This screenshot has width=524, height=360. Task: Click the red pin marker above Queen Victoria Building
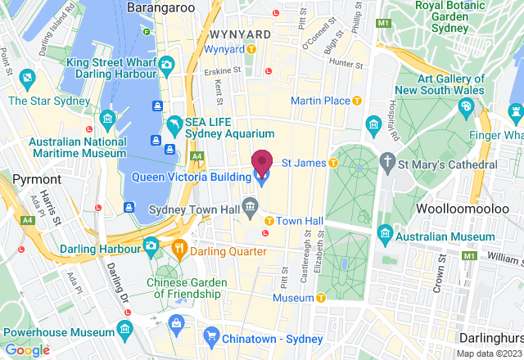(261, 161)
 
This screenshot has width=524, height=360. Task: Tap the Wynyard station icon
(252, 49)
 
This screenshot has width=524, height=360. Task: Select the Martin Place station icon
(356, 101)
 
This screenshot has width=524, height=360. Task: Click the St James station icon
(333, 163)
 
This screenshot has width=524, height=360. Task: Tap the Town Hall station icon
(269, 221)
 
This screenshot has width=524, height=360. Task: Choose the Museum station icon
(321, 299)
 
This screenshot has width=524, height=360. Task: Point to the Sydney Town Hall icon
(250, 203)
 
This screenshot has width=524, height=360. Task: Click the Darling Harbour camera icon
(151, 245)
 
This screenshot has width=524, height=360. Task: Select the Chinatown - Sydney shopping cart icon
(211, 335)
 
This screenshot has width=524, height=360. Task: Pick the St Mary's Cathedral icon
(388, 163)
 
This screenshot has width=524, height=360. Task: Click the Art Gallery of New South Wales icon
(466, 106)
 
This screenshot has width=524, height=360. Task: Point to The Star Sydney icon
(29, 79)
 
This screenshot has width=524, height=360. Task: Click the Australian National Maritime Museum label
(78, 147)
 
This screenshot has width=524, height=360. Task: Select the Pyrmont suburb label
(37, 178)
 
